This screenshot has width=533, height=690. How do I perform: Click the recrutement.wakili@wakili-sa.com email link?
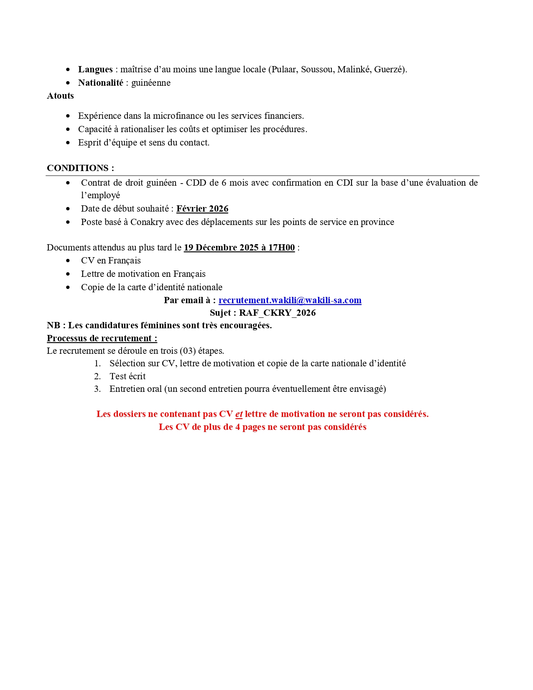[x=290, y=300]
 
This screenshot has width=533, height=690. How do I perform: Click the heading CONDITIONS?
[x=78, y=168]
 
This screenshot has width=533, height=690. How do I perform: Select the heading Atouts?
[x=60, y=96]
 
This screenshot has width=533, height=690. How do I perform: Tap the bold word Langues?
[x=95, y=69]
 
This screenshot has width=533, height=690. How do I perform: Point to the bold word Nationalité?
[x=101, y=83]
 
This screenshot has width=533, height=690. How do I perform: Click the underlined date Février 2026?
[x=202, y=209]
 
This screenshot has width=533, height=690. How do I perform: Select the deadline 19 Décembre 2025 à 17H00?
[x=239, y=248]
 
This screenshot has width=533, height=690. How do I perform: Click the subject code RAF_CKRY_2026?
[x=277, y=313]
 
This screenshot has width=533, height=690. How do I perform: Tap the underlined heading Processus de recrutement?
[x=102, y=338]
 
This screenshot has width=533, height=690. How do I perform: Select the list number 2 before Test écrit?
[x=97, y=376]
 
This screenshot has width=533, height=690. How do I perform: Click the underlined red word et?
[x=239, y=414]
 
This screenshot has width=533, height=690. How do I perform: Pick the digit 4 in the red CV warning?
[x=237, y=427]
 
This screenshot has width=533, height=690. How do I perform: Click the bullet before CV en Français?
[x=68, y=261]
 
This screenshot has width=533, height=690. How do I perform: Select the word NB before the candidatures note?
[x=54, y=325]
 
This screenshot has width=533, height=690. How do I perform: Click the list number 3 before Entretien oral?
[x=97, y=389]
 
